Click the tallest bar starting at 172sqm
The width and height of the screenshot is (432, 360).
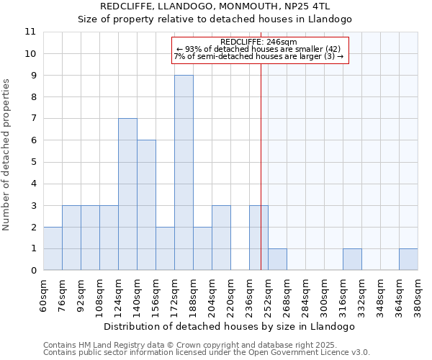tap(184, 173)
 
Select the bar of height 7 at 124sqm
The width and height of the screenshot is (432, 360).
tap(127, 194)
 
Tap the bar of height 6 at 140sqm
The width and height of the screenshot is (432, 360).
tap(146, 205)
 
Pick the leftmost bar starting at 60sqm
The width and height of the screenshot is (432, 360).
tap(53, 248)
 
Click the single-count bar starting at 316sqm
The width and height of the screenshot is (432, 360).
tap(352, 259)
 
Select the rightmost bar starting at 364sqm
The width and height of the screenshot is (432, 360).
tap(408, 259)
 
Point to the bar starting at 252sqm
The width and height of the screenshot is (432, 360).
tap(277, 259)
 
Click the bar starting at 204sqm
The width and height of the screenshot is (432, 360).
tap(221, 238)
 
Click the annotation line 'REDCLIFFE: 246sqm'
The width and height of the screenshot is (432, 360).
tap(260, 42)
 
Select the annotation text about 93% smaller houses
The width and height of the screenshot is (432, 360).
tap(260, 49)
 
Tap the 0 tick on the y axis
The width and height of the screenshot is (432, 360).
tap(33, 270)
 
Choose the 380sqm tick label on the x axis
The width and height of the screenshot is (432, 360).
tap(418, 295)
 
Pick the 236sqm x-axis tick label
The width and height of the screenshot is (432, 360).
tap(249, 295)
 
